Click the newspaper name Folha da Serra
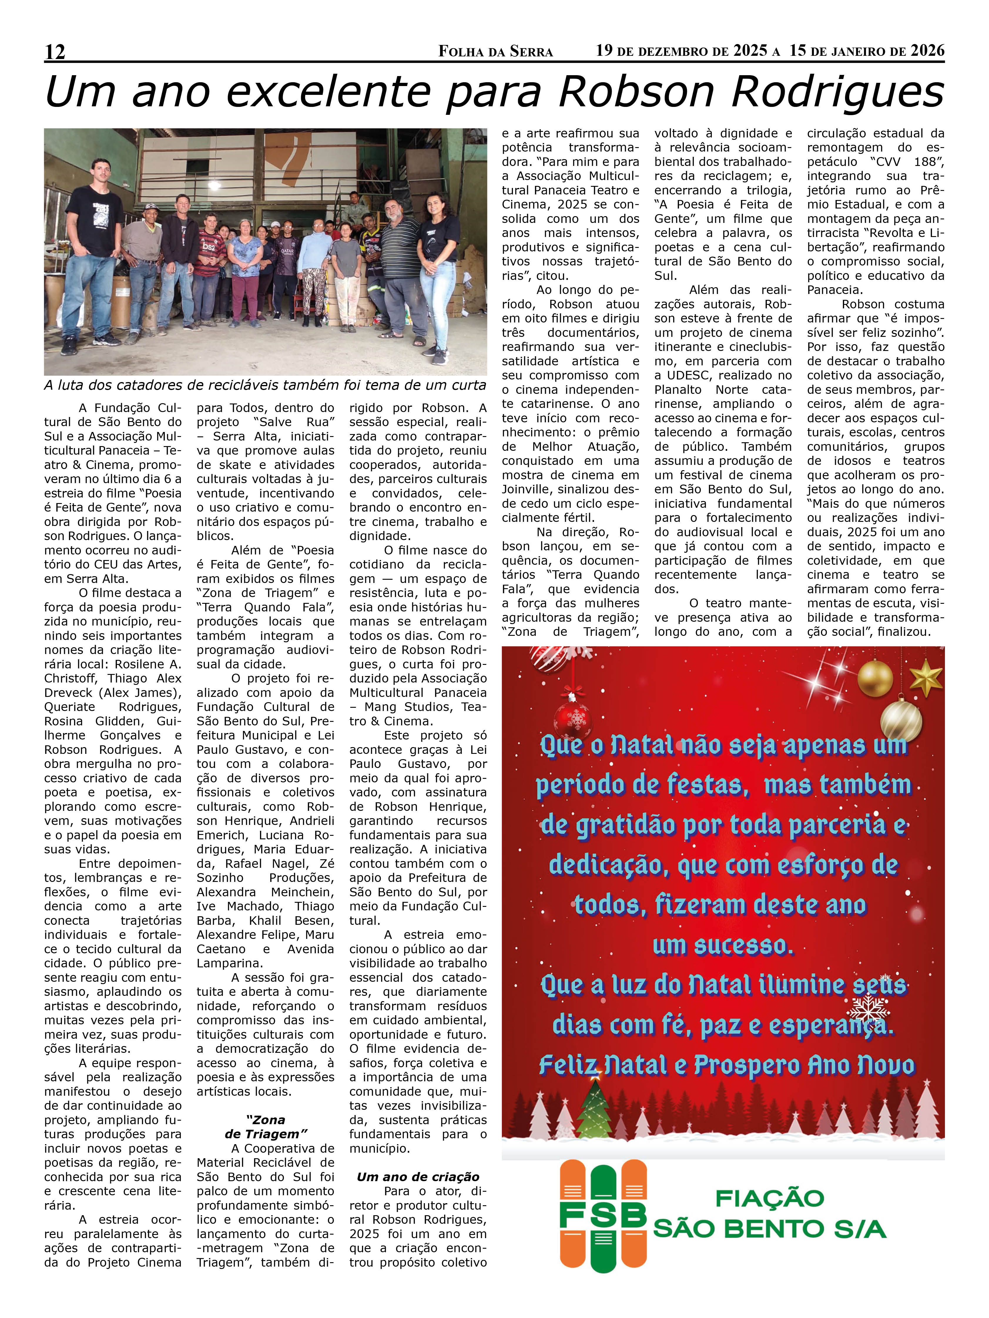(x=495, y=52)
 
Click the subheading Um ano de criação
(x=418, y=1177)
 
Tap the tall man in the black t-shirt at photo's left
(x=95, y=250)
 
